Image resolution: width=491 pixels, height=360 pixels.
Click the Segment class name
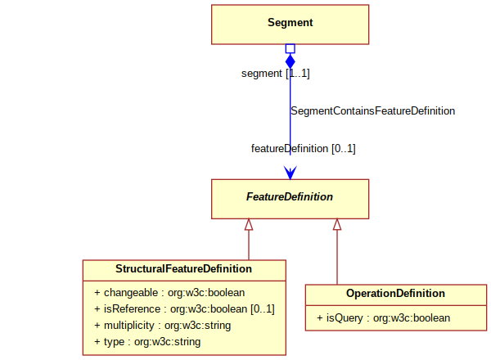tap(290, 23)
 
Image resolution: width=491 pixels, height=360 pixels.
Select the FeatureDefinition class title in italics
tap(290, 196)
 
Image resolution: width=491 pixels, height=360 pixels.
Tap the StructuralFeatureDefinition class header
tap(183, 268)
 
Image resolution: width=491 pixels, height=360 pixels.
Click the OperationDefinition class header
tap(395, 294)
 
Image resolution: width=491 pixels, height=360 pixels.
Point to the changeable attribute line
tap(169, 292)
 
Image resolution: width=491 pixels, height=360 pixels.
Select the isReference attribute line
tap(184, 309)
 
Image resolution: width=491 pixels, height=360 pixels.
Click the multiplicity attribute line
tap(162, 326)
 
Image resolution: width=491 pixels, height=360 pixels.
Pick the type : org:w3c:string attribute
tap(147, 342)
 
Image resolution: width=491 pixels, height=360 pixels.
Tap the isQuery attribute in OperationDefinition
tap(383, 317)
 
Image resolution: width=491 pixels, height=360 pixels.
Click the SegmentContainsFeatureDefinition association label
tap(372, 110)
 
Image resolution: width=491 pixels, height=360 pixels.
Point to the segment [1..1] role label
tap(276, 74)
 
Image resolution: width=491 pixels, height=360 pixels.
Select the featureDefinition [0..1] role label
tap(303, 148)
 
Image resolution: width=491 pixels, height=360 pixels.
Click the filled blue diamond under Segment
tap(291, 61)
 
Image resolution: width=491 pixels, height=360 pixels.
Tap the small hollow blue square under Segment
tap(291, 48)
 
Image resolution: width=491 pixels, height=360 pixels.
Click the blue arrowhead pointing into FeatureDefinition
tap(291, 173)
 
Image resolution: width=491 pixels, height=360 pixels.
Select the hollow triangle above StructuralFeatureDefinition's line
tap(249, 224)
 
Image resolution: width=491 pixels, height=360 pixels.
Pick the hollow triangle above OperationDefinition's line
tap(337, 224)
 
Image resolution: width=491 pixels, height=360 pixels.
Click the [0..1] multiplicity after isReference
tap(263, 309)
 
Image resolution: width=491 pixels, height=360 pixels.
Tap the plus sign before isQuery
tap(319, 318)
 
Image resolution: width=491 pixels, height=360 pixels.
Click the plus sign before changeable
tap(97, 293)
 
